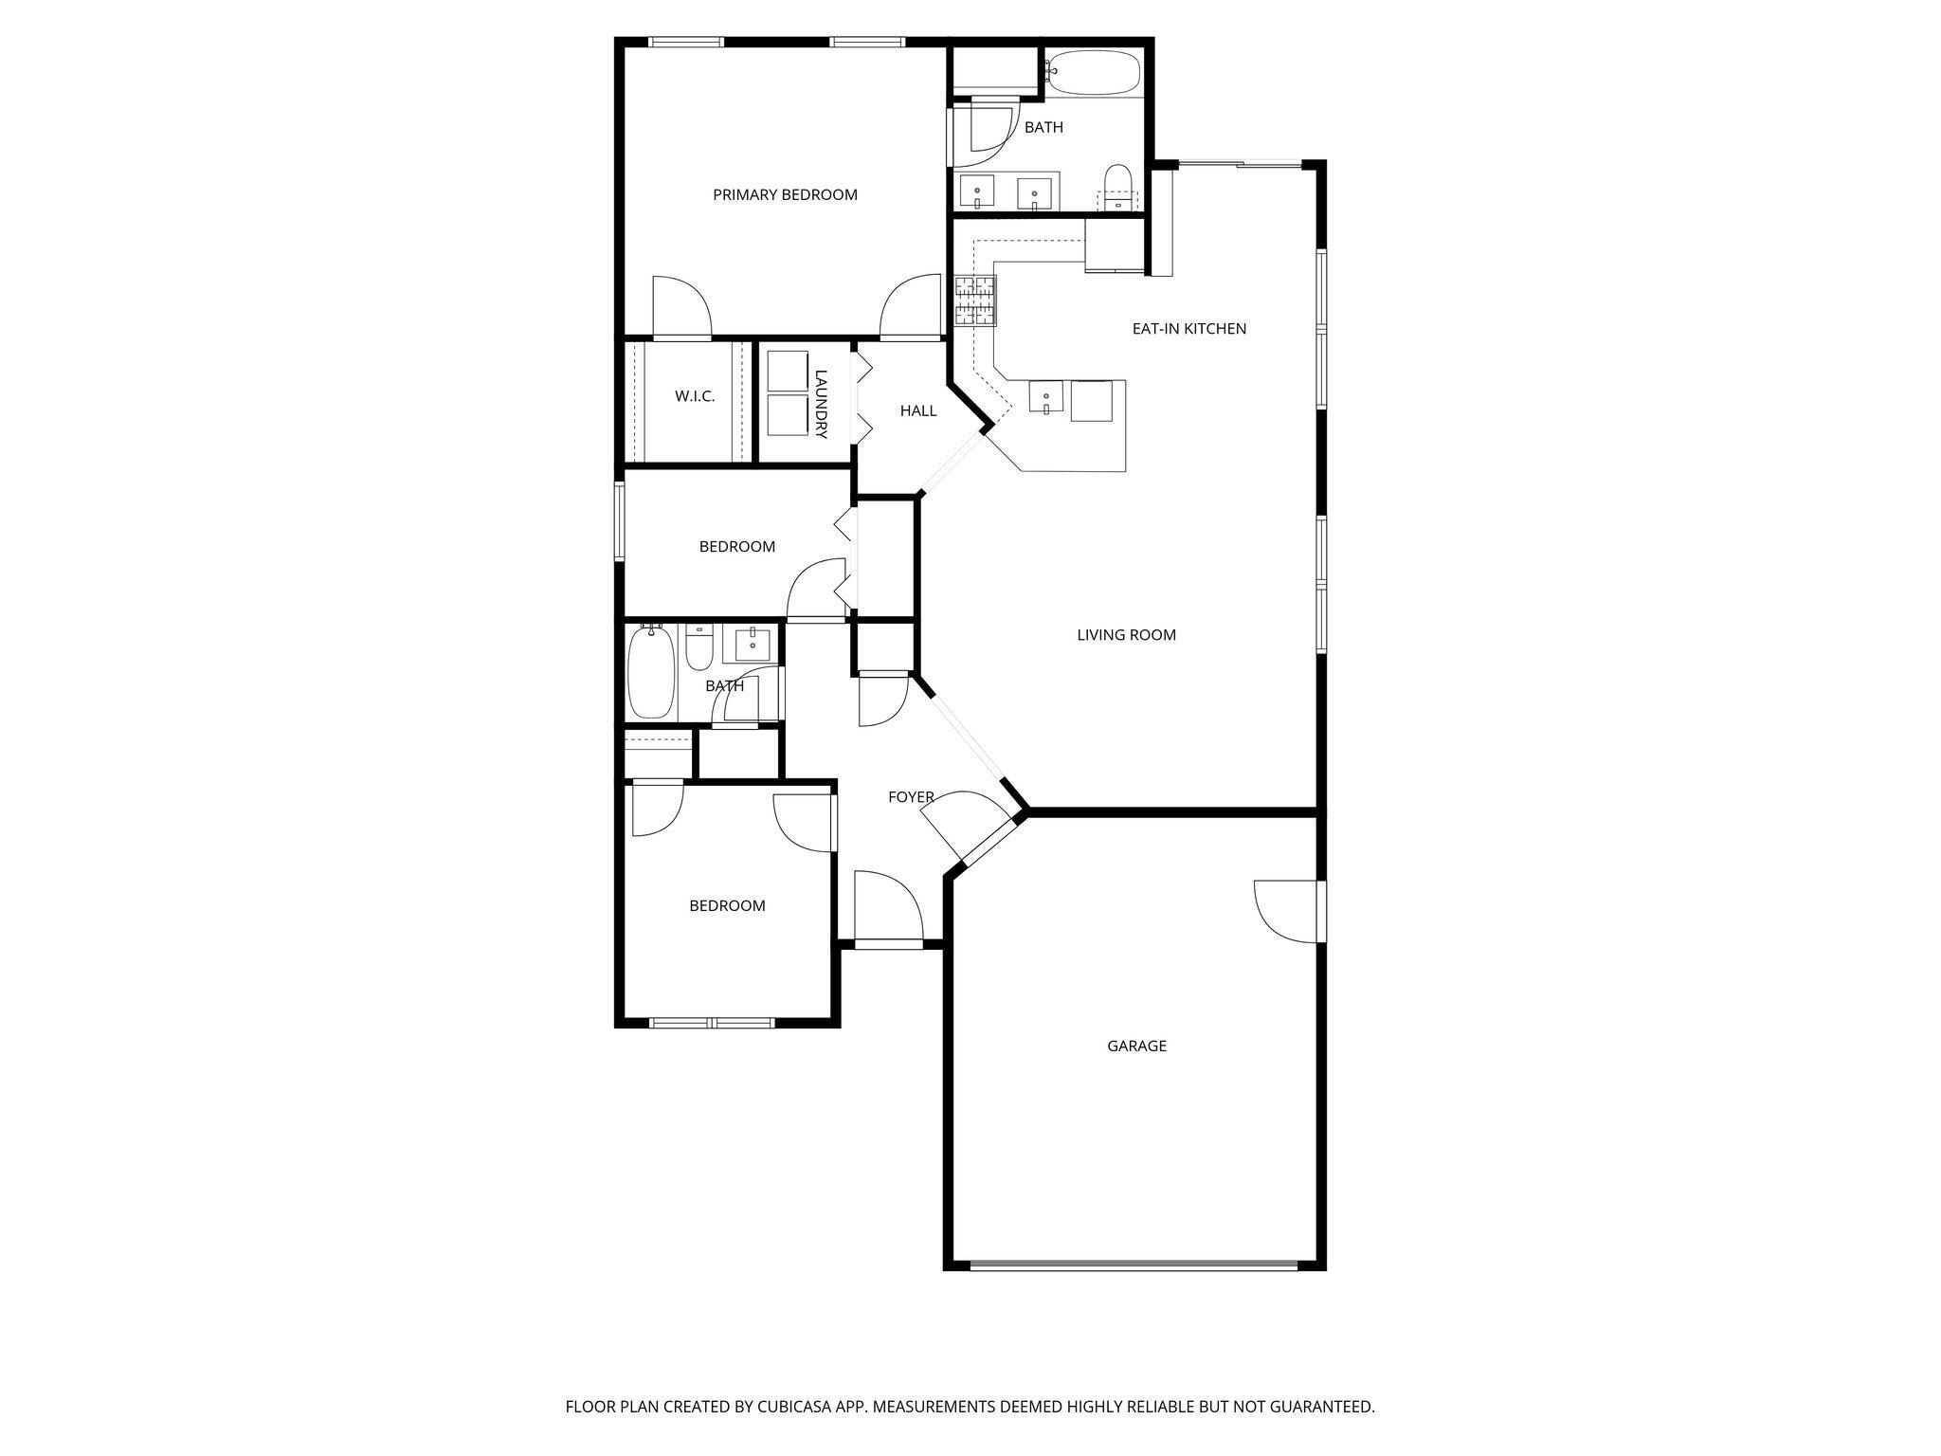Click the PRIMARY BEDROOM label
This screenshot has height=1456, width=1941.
785,195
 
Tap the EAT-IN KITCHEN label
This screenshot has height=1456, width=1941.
1188,329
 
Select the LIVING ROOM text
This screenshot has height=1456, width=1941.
1126,635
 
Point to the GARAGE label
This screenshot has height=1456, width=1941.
1136,1046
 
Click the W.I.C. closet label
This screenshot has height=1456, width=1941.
695,396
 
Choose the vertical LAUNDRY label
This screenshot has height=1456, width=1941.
821,404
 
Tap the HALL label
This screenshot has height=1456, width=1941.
917,410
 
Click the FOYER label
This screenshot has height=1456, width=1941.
911,797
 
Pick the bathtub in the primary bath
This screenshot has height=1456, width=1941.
1095,73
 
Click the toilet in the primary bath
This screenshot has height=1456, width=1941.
1118,186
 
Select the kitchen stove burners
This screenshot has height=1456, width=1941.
975,300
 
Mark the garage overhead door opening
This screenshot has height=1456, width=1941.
1134,1265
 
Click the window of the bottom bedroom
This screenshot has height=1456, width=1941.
711,1022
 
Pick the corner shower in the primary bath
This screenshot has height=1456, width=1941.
981,133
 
